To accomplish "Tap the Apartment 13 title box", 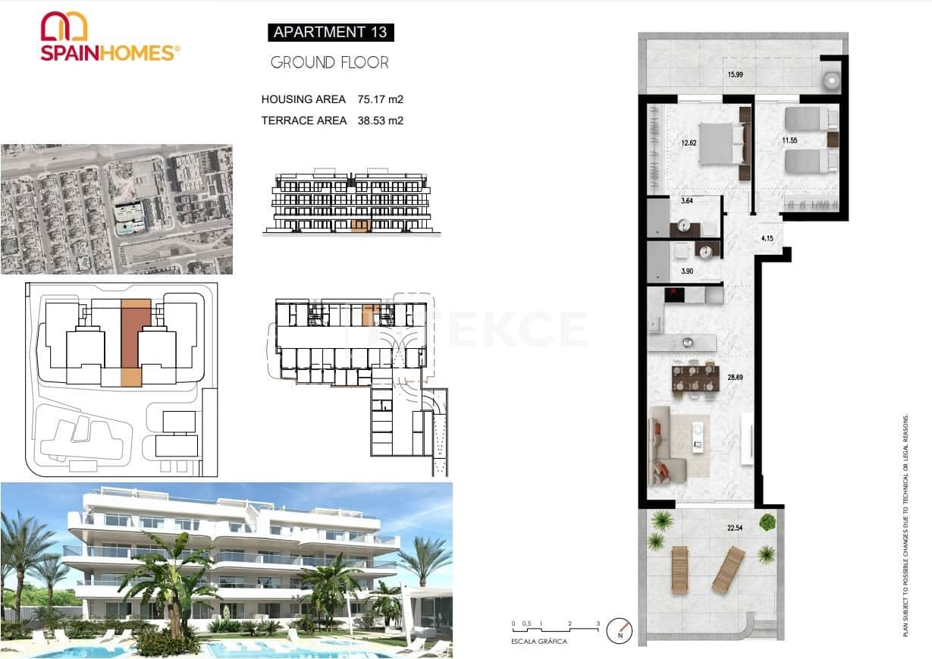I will tap(330, 32).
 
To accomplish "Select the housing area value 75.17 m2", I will tap(380, 99).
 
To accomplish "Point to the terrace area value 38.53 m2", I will tap(380, 120).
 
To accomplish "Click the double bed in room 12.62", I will tap(717, 142).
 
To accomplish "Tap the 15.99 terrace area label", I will tap(736, 74).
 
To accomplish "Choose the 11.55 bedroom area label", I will tap(791, 140).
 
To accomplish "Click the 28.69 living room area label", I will tap(735, 376).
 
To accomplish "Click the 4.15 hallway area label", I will tap(767, 239).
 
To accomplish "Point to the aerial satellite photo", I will tap(117, 209).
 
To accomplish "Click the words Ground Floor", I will tap(330, 63).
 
